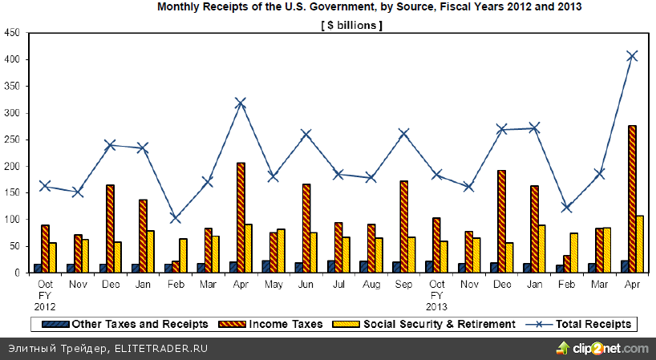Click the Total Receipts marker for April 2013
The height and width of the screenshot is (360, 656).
coord(632,55)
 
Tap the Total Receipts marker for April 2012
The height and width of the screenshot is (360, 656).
coord(240,103)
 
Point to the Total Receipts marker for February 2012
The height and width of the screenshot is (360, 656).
coord(175,218)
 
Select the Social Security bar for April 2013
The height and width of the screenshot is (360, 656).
coord(639,244)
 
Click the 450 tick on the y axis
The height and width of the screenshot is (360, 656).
coord(13,33)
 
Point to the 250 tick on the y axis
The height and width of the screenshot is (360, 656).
coord(13,140)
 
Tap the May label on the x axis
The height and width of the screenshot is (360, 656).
coord(273,284)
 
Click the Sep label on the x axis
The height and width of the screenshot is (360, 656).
coord(403,284)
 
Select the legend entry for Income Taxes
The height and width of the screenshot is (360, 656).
coord(286,324)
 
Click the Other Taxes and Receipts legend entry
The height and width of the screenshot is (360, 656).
coord(140,324)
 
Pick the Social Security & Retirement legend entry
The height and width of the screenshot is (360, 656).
coord(439,324)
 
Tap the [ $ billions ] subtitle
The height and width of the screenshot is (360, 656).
coord(351,25)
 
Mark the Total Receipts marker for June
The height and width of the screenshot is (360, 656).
coord(306,134)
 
